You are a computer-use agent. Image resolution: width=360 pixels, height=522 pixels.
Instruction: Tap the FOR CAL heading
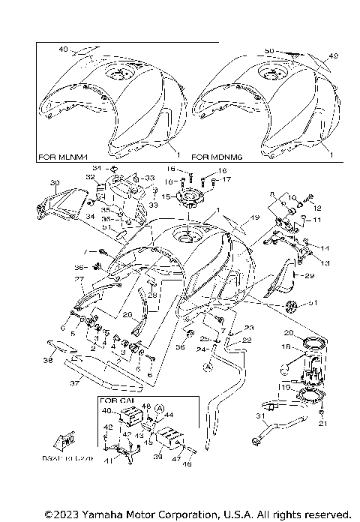114,402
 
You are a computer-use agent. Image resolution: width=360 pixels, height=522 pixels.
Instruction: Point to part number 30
54,182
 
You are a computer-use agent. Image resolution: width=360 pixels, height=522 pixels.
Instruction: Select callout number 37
74,382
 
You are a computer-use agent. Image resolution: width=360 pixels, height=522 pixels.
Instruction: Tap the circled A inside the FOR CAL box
159,408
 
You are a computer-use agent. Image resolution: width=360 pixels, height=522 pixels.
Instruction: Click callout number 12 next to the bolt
316,207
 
